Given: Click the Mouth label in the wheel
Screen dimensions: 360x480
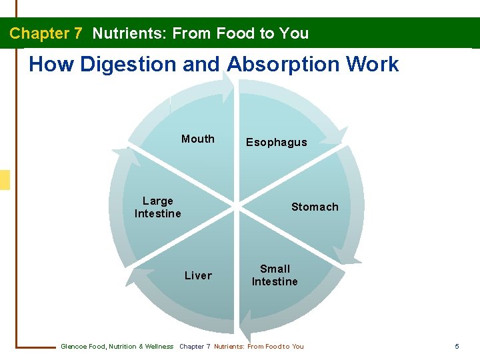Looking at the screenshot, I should pos(198,139).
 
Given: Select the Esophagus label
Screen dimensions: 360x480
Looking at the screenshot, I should pos(276,142).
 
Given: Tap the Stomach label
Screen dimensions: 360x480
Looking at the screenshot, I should pos(315,207).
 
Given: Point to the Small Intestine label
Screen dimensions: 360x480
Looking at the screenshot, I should pos(275,275).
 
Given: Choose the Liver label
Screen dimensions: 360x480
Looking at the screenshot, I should pos(198,275).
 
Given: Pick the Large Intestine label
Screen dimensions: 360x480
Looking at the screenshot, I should pos(158,207).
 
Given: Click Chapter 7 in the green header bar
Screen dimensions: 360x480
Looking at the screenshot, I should pos(45,33).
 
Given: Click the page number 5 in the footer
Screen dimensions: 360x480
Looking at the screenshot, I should pos(457,346).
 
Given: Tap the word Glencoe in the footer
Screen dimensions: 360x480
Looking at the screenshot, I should pos(73,346).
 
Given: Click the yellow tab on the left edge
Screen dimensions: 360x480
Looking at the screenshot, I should pos(5,180).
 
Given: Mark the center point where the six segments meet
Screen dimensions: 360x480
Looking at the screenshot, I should pos(237,207).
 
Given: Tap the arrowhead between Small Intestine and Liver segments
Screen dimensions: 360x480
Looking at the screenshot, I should pos(245,327).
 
